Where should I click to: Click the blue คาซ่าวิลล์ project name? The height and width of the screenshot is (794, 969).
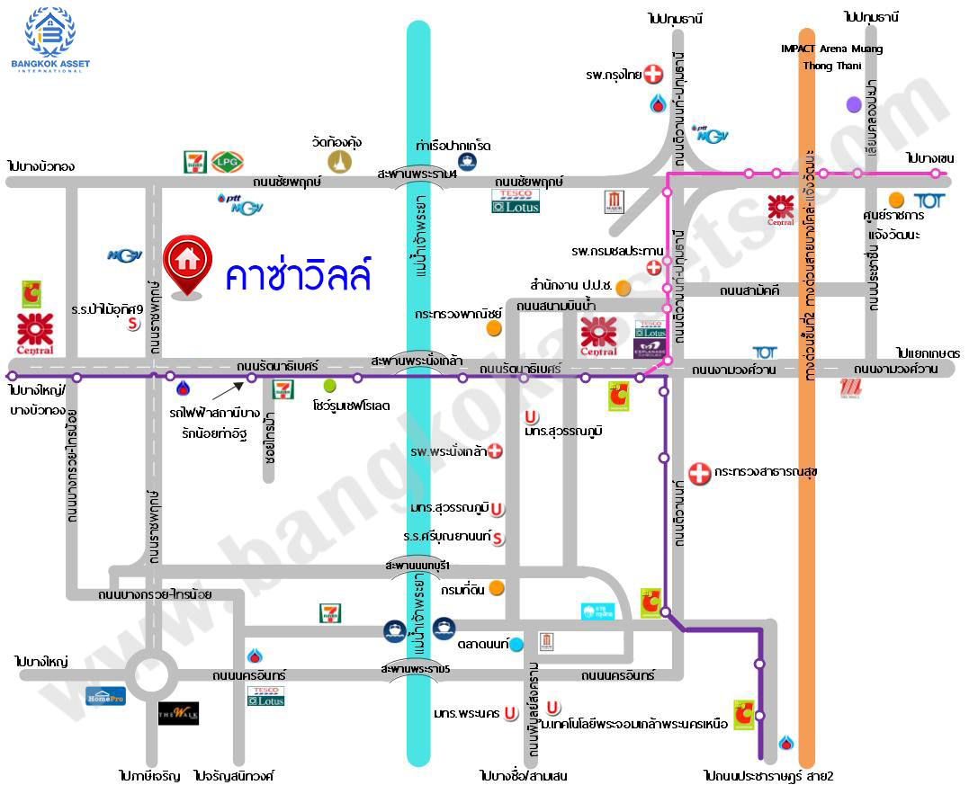point(298,274)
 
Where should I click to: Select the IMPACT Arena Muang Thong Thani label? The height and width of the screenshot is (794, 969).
point(831,57)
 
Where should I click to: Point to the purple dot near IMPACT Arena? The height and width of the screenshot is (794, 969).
point(853,105)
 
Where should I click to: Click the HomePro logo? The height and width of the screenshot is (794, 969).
point(105,695)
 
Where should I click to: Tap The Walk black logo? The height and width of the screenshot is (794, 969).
point(178,713)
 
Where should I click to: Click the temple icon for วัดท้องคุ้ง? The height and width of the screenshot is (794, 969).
point(338,161)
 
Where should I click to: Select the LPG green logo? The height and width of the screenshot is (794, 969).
point(226,162)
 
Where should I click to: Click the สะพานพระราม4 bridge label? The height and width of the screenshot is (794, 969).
point(417,174)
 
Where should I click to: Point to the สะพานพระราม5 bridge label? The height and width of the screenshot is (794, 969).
point(415,669)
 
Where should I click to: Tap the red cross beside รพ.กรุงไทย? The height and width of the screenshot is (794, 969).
point(654,75)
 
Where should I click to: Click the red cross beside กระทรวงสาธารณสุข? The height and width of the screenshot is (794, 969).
point(699,473)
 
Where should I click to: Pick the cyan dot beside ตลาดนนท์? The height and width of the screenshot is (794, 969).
point(516,644)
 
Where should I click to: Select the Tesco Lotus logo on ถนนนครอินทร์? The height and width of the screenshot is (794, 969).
point(266,695)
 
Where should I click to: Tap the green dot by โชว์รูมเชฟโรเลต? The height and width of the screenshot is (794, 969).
point(330,386)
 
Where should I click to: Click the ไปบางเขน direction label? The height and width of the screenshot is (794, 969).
point(930,158)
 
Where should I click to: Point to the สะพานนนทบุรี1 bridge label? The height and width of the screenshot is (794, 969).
point(417,565)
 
